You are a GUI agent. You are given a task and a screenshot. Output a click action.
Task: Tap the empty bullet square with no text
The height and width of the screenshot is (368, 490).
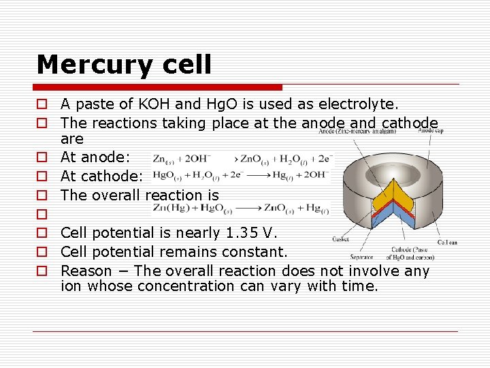point(42,215)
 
